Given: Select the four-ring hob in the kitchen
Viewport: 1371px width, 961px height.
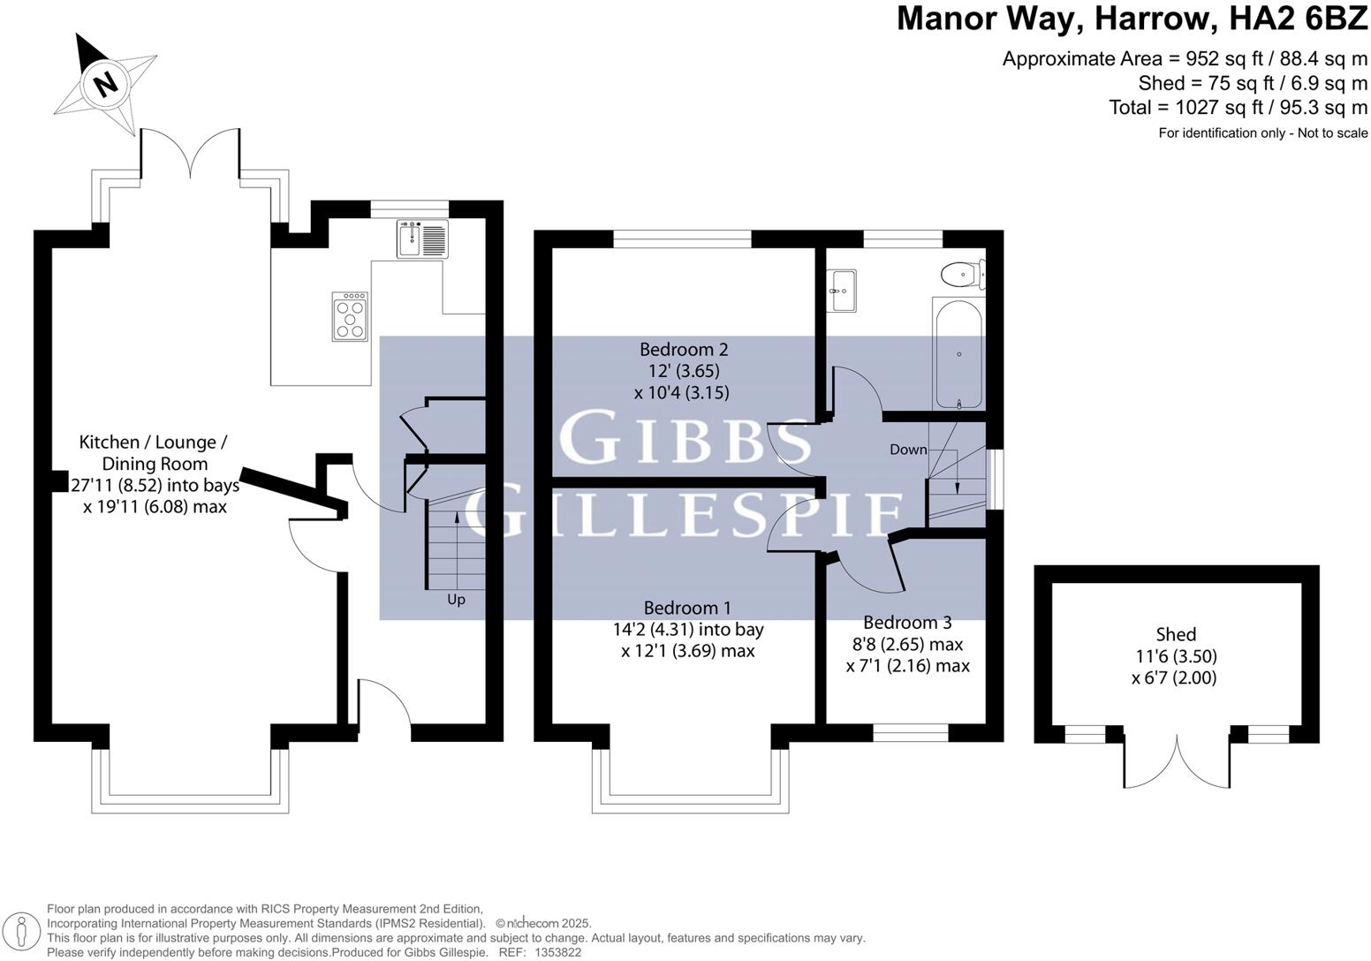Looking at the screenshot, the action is click(x=349, y=316).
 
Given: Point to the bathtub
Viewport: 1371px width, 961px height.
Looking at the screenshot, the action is click(x=957, y=353).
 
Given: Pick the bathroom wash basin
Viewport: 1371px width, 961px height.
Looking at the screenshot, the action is click(x=842, y=291).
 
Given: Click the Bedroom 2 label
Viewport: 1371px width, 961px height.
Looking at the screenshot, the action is click(x=684, y=349).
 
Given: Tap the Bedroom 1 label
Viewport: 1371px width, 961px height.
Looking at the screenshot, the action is click(x=687, y=608).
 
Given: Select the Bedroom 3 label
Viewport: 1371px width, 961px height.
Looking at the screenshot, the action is click(x=907, y=623).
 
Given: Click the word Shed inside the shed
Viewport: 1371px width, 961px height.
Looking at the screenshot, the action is click(x=1176, y=634).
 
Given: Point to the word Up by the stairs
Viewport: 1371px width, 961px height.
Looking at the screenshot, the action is click(x=456, y=600).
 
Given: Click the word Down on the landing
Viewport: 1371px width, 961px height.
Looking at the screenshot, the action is click(x=908, y=450).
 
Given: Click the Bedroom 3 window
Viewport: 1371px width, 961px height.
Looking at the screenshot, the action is click(x=911, y=732).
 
